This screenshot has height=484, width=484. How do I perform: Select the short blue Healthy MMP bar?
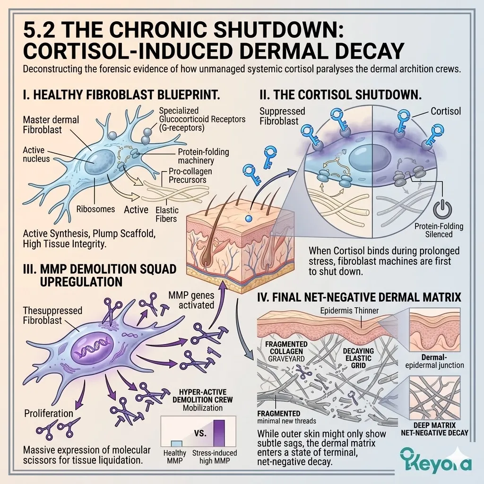(x=176, y=443)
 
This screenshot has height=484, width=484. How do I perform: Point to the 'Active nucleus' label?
(x=36, y=154)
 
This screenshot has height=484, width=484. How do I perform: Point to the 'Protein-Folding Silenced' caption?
(x=439, y=230)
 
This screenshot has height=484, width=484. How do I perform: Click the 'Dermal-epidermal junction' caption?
(x=435, y=361)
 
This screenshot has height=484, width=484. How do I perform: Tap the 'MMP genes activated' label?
(x=191, y=300)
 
